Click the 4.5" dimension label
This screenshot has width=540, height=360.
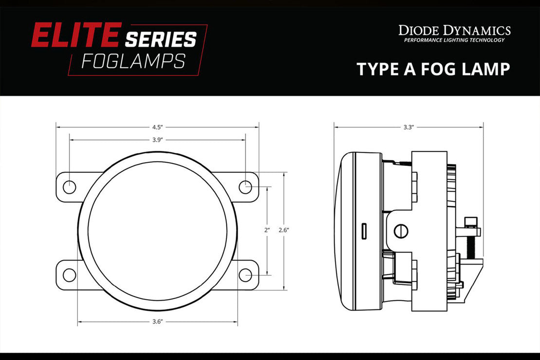coord(157,127)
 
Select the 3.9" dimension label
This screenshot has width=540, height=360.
coord(157,140)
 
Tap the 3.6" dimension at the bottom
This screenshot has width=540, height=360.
coord(157,322)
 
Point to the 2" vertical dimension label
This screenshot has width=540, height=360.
coord(267,230)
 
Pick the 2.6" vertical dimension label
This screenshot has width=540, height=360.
coord(284,230)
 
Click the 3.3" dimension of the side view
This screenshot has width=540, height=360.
coord(408,127)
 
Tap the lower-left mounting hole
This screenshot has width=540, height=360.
coord(70,275)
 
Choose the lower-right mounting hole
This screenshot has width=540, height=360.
coord(245,275)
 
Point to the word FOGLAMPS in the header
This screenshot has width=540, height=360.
coord(133,61)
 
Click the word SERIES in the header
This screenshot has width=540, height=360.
coord(161,39)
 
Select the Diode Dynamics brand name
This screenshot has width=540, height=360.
coord(454,31)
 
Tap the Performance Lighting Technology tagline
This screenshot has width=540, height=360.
coord(454,40)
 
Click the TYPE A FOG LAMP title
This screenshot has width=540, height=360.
coord(433,69)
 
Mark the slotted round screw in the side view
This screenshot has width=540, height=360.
coord(401,231)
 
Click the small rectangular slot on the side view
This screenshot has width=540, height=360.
coord(364,231)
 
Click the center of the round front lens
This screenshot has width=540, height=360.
coord(157,231)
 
